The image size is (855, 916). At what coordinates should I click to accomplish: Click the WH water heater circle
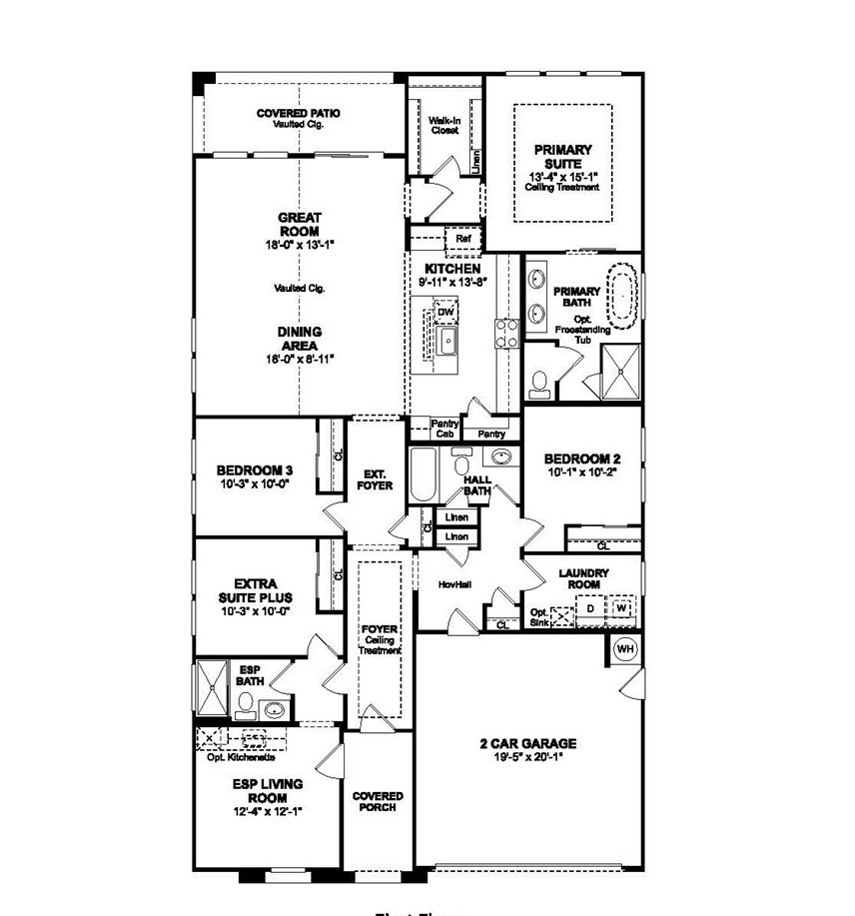tap(625, 650)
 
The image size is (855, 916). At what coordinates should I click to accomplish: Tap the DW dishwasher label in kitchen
tap(445, 313)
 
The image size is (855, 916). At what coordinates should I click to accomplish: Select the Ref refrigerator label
tap(462, 240)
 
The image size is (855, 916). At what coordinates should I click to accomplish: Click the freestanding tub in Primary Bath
tap(624, 296)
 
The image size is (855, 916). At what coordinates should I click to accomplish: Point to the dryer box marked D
tap(590, 607)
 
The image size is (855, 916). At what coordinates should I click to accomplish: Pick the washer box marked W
tap(621, 607)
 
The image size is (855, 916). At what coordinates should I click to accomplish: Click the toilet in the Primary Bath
tap(539, 382)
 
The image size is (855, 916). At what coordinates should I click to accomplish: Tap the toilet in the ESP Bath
tap(243, 706)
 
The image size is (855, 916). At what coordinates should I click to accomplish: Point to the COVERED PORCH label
tap(378, 801)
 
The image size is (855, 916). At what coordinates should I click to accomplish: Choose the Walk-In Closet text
tap(443, 125)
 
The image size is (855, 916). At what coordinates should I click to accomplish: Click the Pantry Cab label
tap(444, 429)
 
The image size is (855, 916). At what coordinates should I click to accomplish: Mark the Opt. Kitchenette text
tap(241, 757)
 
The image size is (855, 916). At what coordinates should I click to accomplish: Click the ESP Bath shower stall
tap(212, 689)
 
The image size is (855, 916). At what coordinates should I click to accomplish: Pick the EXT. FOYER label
tap(377, 479)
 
